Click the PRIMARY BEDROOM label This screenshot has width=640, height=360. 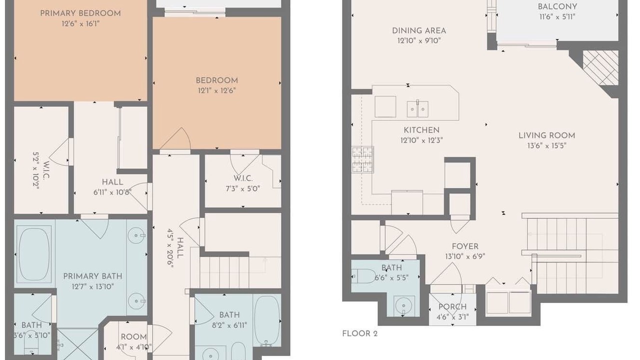point(80,13)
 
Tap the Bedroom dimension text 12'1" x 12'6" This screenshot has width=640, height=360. point(217,91)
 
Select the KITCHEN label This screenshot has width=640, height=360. point(421,130)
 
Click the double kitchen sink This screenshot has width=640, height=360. point(417,109)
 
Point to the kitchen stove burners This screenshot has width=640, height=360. point(362,159)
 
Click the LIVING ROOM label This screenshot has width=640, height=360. point(547,135)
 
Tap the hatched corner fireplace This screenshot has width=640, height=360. point(600,68)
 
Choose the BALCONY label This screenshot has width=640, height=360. point(556,7)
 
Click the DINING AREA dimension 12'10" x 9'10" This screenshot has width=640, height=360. point(419,41)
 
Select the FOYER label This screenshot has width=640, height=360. point(465,246)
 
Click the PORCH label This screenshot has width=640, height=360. point(452,307)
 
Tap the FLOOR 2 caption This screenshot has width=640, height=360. point(360,333)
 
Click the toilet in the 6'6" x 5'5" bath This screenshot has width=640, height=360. point(363,276)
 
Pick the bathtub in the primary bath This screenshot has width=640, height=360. point(34,254)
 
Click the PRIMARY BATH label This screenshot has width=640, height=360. point(92,276)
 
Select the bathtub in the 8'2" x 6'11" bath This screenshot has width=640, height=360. point(267,320)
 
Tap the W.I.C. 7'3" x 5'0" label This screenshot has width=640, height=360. point(243,183)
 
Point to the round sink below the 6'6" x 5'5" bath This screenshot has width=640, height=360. point(403,306)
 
